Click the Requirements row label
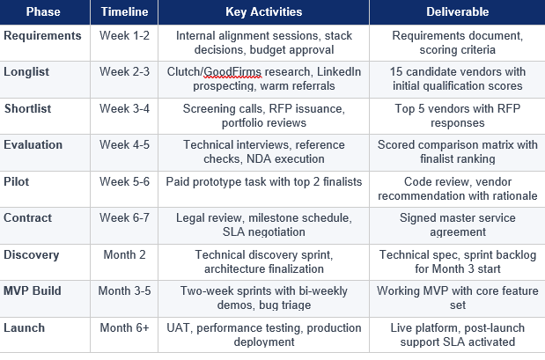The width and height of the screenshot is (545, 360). [42, 36]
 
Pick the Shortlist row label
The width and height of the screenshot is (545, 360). [29, 107]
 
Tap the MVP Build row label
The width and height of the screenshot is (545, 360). [33, 290]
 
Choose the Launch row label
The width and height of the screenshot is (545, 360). [26, 327]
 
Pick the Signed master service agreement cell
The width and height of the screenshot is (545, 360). [456, 224]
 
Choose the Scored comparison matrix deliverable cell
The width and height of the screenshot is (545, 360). [456, 151]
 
